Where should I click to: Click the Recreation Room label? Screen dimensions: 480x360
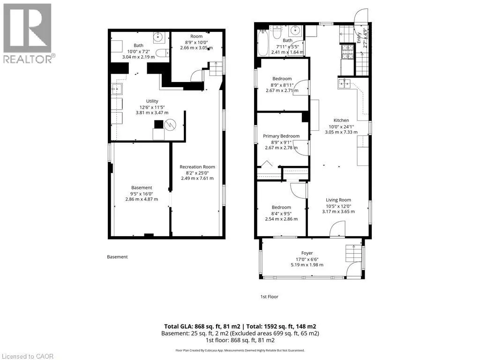(197, 167)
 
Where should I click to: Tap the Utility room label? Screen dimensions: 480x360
(152, 101)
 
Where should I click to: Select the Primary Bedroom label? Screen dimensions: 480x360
(281, 136)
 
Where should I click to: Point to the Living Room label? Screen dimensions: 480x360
(338, 200)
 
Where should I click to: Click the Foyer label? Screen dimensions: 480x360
(307, 253)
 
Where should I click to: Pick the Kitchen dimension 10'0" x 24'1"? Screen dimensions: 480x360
(341, 127)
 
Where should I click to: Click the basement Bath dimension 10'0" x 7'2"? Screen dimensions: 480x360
(138, 52)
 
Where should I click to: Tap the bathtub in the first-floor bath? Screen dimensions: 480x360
(262, 42)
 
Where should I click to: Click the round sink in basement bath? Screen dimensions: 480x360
(158, 37)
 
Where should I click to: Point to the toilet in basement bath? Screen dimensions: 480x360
(162, 52)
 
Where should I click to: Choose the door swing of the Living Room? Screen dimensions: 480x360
(337, 229)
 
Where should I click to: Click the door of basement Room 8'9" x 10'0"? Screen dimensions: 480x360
(196, 75)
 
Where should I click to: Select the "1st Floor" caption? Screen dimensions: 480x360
(270, 297)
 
